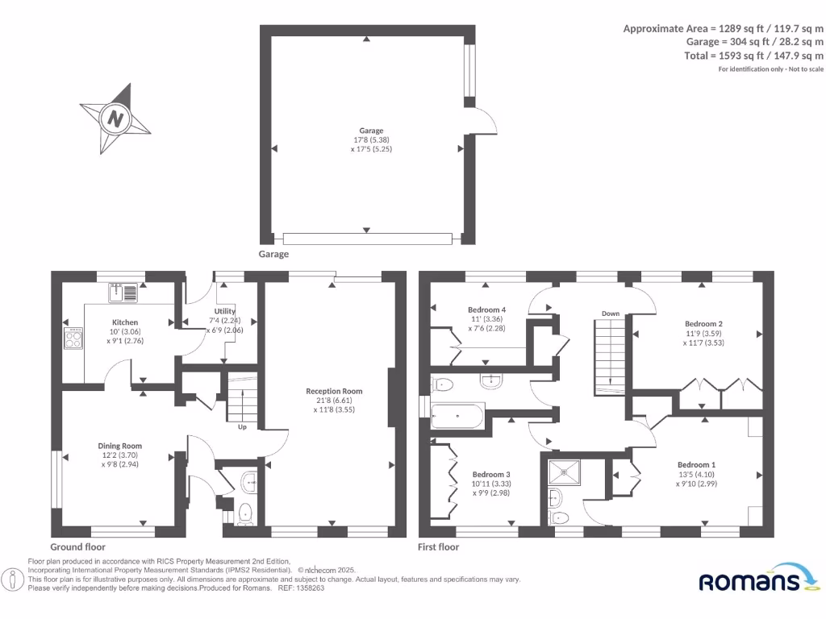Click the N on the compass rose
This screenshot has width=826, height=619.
coord(115,120)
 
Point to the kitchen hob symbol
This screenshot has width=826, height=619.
coord(74,339)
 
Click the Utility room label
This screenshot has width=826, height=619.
coord(225,311)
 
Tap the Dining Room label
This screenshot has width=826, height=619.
coord(120,446)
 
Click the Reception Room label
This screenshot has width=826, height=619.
coord(334,392)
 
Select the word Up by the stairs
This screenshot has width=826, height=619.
coord(242,427)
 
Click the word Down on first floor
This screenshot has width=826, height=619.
coord(610,314)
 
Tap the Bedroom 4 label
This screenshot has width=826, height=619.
coord(486,309)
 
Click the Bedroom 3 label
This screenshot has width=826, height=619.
coord(491,474)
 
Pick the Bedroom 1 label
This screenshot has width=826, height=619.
coord(696,465)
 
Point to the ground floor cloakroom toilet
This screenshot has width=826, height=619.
coord(245,511)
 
